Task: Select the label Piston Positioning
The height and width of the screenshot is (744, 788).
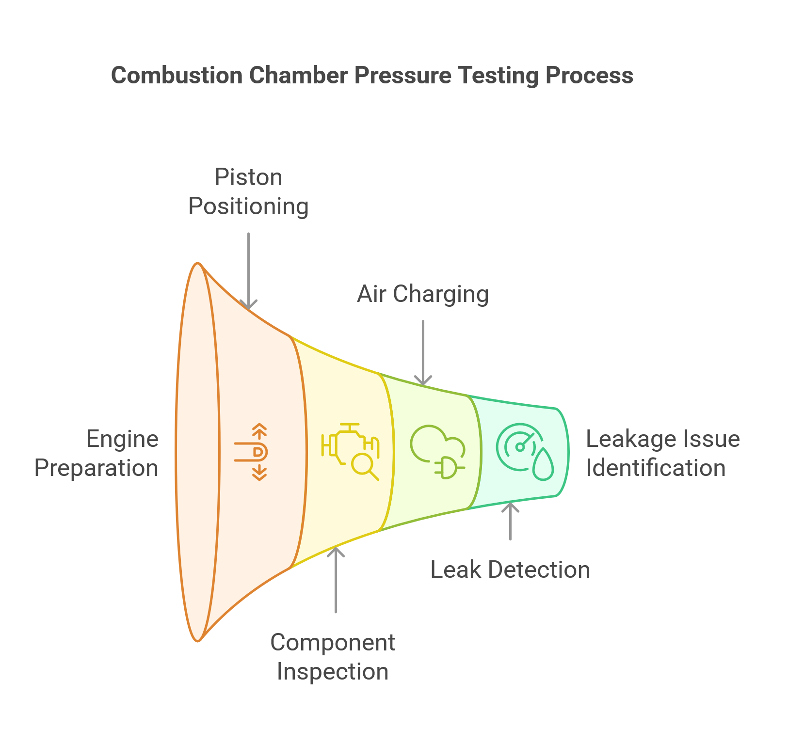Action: (248, 192)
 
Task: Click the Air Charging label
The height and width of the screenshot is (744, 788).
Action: (423, 294)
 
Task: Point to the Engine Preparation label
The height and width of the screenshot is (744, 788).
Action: (97, 454)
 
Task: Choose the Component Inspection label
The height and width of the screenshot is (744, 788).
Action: (333, 657)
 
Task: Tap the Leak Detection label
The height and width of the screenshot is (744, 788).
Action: (510, 570)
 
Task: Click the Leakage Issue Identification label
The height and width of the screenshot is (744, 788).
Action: (662, 454)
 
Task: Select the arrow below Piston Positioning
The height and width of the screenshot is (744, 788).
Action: (248, 271)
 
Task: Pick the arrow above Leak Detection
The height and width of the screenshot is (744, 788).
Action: (510, 522)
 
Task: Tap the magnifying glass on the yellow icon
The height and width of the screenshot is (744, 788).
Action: (364, 466)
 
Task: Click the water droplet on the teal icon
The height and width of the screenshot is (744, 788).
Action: (543, 465)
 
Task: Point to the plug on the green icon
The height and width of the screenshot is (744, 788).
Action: (450, 468)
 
